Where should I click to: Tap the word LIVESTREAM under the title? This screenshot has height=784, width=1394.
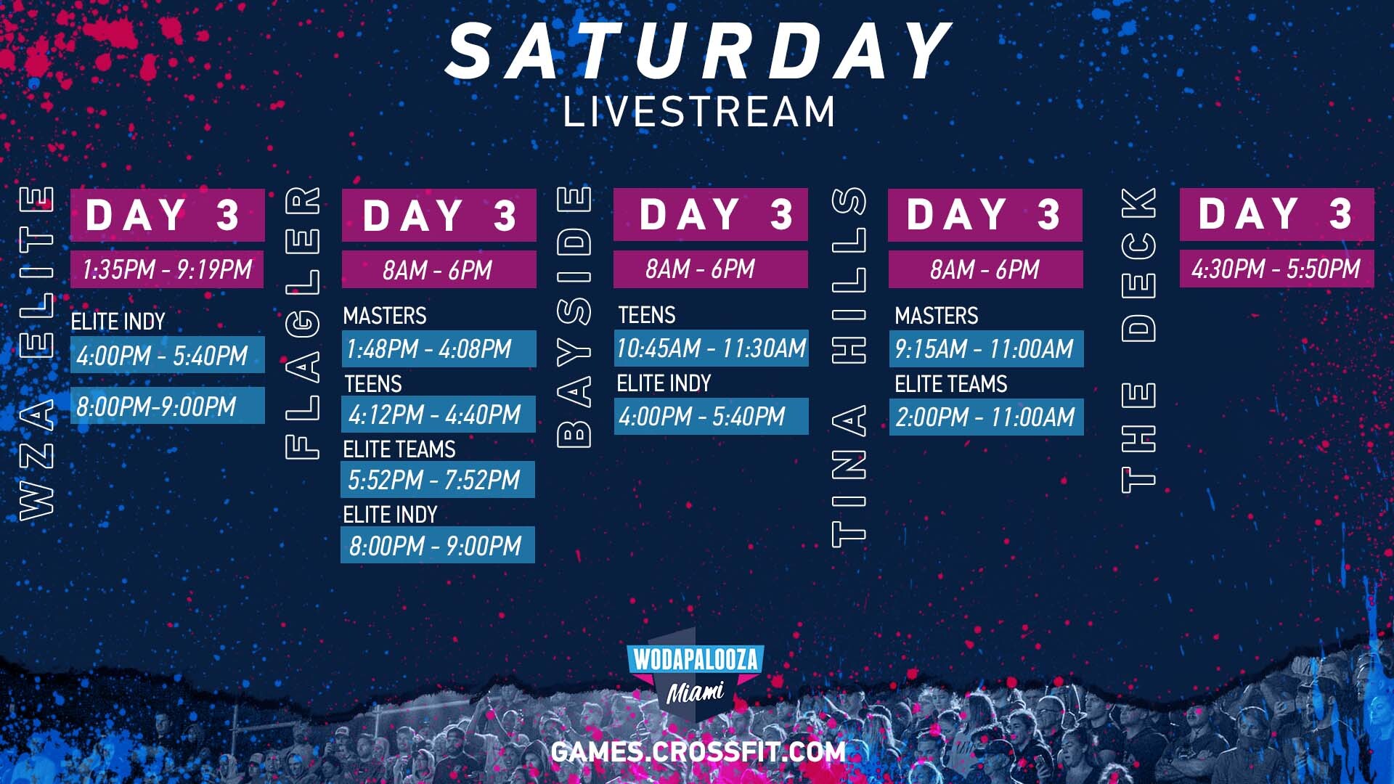[x=699, y=112]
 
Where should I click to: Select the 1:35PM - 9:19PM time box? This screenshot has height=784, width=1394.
[x=167, y=269]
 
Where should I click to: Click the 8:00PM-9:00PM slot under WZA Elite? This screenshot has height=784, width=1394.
[x=168, y=405]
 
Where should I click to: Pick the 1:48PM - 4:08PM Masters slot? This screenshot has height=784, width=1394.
[x=439, y=348]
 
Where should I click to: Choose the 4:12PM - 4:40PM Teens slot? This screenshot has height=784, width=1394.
[x=439, y=414]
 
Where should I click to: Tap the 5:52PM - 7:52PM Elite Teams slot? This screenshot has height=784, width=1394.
[x=438, y=479]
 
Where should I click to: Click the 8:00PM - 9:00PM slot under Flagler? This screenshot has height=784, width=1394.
[x=438, y=545]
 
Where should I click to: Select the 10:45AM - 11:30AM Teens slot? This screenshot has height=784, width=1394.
[x=712, y=348]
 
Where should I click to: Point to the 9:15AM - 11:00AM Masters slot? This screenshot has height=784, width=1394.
[x=987, y=348]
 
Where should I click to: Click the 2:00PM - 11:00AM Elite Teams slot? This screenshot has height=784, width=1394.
[x=987, y=417]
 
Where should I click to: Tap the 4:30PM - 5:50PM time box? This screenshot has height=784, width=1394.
[x=1277, y=269]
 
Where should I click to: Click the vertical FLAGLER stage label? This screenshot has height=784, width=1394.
[x=303, y=323]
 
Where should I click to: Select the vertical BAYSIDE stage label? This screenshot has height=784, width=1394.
[x=574, y=316]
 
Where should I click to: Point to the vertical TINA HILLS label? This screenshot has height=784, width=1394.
[x=849, y=367]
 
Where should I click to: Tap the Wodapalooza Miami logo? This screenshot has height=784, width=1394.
[x=696, y=674]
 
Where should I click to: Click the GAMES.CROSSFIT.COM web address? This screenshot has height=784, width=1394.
[x=698, y=751]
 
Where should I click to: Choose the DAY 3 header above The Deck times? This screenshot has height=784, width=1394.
[x=1277, y=214]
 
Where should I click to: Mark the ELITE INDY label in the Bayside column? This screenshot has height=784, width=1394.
[x=664, y=383]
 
